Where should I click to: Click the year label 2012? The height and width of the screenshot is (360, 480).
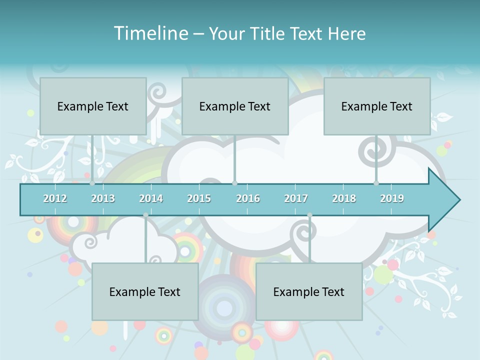pos(55,198)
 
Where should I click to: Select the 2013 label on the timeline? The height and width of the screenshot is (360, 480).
pos(103,198)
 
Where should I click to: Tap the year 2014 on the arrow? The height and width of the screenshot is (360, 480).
pos(151,198)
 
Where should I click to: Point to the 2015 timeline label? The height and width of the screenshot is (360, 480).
pos(199,198)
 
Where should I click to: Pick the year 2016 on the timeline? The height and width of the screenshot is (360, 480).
pos(248,198)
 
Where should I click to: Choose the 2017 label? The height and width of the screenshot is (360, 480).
pos(296,198)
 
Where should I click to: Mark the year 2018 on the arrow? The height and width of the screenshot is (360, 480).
pos(344,198)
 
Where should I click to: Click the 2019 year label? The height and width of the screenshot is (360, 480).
pos(392,198)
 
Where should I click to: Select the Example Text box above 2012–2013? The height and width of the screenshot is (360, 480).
pos(93,106)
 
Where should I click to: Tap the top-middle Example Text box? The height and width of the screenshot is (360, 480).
pos(235,106)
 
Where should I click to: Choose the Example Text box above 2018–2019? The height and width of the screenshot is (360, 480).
pos(377,106)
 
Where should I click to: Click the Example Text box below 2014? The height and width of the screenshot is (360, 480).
pos(145,291)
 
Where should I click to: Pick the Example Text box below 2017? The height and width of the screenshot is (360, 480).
pos(309,291)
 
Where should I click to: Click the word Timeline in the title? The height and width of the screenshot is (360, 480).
pos(150,33)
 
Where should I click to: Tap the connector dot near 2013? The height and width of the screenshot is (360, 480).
pos(92,183)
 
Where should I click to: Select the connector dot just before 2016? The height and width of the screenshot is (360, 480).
pos(234,183)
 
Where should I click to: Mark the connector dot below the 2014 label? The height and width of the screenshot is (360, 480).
pos(145,215)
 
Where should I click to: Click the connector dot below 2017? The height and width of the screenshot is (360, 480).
pos(309,215)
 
